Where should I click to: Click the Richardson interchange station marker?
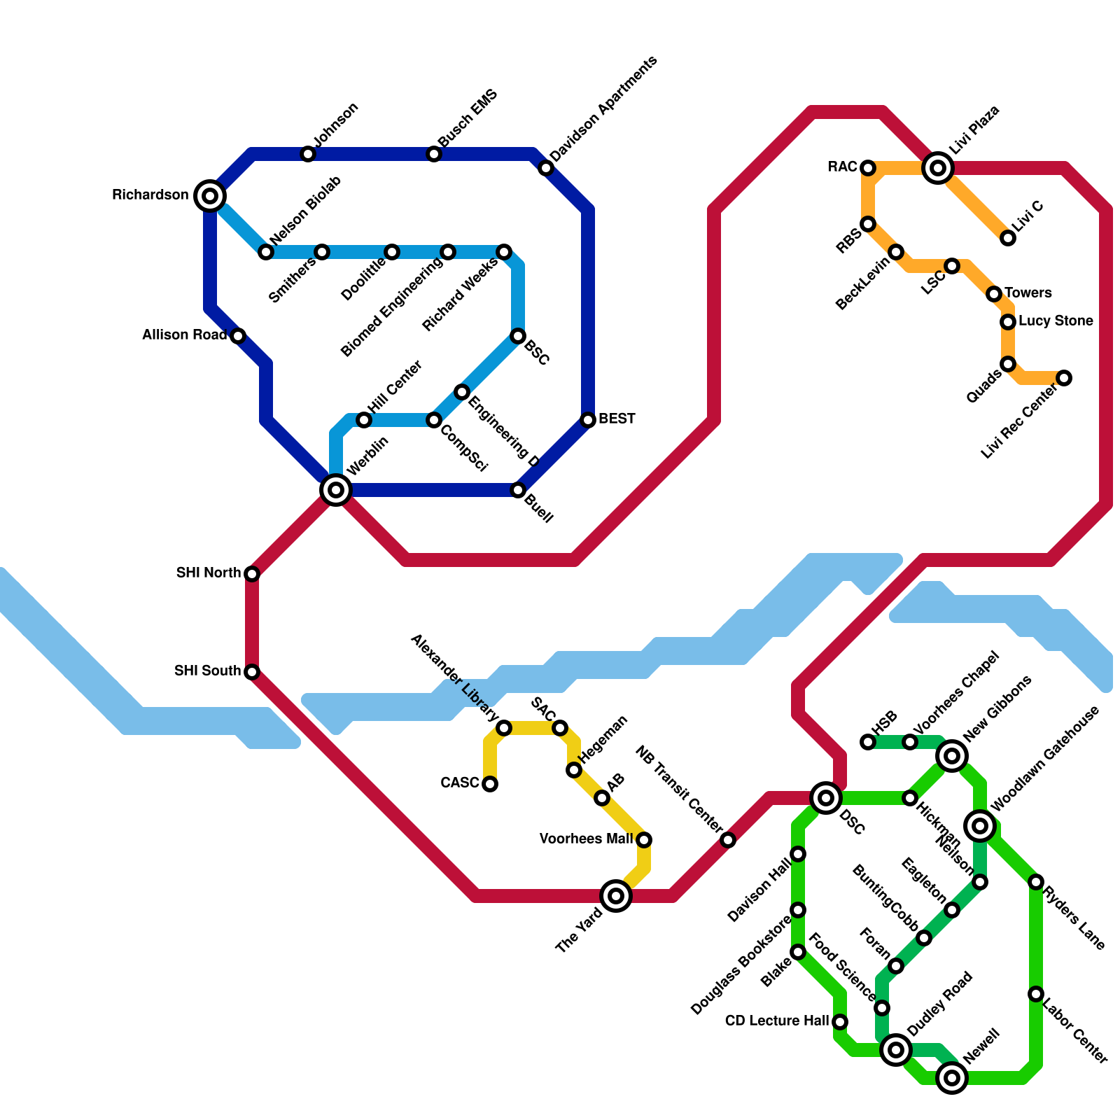[x=210, y=195]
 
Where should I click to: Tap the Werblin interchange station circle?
[x=336, y=489]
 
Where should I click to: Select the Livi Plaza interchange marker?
[x=938, y=167]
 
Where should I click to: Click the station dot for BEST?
[x=588, y=420]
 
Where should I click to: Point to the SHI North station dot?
[x=252, y=574]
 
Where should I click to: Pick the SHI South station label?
[x=207, y=671]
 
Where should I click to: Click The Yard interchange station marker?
[x=616, y=895]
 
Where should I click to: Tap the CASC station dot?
[x=490, y=784]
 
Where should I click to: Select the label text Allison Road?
[x=185, y=335]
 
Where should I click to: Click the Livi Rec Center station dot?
[x=1064, y=378]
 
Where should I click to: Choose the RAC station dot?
[x=868, y=168]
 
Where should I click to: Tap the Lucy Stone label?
[x=1056, y=321]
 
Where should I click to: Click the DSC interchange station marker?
[x=826, y=797]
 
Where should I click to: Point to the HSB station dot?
[x=868, y=742]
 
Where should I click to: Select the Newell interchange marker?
[x=952, y=1078]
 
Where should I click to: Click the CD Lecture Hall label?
[x=777, y=1021]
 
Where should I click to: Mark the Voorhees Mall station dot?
[x=644, y=839]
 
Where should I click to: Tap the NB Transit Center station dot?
[x=728, y=840]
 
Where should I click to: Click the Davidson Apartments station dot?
[x=546, y=168]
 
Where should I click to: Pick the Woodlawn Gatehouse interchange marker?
[x=980, y=826]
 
